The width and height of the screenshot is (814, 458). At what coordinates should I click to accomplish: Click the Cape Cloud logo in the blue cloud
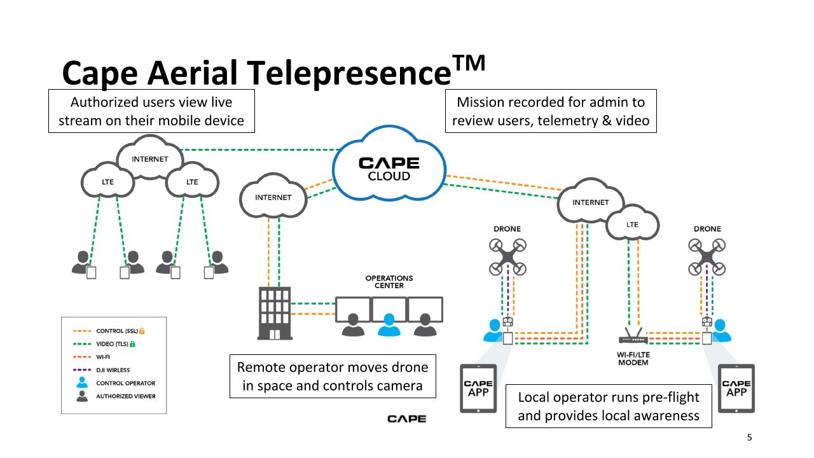click(389, 169)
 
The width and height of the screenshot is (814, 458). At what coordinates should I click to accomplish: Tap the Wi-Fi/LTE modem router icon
click(633, 337)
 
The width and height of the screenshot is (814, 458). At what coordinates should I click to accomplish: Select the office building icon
click(275, 314)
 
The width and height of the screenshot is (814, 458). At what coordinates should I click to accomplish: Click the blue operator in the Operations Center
click(389, 325)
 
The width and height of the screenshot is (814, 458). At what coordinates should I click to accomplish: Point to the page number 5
click(749, 437)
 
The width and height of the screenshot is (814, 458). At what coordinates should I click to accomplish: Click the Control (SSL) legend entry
click(109, 331)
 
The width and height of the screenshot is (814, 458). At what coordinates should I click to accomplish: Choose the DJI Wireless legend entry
click(101, 370)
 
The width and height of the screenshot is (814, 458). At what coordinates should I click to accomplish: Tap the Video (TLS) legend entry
click(104, 344)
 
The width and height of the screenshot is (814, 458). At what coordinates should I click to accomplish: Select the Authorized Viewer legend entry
click(116, 396)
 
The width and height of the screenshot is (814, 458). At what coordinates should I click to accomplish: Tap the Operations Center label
click(389, 282)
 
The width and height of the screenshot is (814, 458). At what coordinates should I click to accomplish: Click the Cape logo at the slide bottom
click(406, 419)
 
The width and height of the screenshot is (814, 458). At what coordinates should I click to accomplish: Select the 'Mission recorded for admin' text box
click(551, 111)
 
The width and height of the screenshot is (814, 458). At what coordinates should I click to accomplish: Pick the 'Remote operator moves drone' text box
click(333, 376)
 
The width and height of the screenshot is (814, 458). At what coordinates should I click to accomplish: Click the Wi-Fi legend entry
click(92, 357)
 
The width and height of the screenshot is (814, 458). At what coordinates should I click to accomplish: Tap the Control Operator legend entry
click(116, 383)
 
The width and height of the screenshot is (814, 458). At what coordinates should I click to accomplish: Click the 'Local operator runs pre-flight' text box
click(609, 406)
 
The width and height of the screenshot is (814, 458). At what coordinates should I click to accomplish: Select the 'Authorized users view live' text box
click(151, 111)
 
